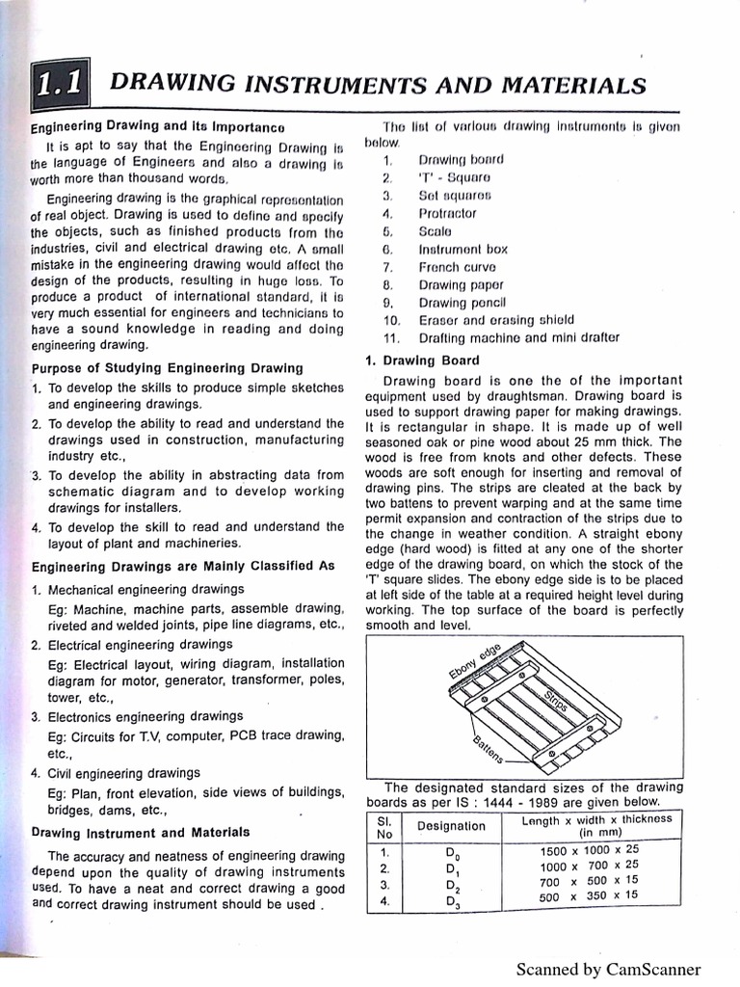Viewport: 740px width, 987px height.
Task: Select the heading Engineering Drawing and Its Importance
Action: coord(157,127)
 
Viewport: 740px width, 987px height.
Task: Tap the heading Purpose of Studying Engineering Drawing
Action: coord(168,367)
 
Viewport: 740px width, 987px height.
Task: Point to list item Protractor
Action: coord(447,213)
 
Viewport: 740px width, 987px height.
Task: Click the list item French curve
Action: coord(458,267)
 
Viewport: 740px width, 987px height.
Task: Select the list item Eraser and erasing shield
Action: coord(496,320)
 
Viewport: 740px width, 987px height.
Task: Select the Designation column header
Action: coord(451,825)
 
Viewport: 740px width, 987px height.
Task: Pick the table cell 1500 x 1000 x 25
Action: coord(590,849)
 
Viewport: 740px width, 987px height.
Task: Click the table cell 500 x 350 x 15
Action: coord(590,895)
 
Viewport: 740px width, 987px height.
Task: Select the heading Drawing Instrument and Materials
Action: coord(141,832)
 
